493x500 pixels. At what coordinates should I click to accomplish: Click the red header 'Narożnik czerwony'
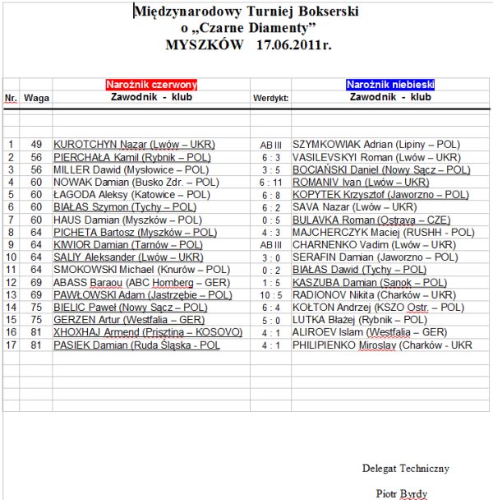tap(151, 85)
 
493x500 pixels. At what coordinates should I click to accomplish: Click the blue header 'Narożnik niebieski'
tap(390, 85)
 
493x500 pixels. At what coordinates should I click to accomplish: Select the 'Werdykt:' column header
tap(270, 98)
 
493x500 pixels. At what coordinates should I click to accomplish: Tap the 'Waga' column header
tap(35, 98)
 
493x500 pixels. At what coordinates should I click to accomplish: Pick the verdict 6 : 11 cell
tap(270, 182)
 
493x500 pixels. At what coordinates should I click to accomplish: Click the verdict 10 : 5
tap(270, 294)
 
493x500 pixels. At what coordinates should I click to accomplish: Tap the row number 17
tap(11, 345)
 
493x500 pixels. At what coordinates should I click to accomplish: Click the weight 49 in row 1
tap(35, 145)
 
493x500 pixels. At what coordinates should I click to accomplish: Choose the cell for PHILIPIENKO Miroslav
tap(383, 345)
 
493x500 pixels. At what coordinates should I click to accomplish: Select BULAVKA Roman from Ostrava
tap(369, 220)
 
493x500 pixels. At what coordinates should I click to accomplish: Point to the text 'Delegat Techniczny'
tap(406, 468)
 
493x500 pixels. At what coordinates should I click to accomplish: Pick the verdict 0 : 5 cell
tap(270, 220)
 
